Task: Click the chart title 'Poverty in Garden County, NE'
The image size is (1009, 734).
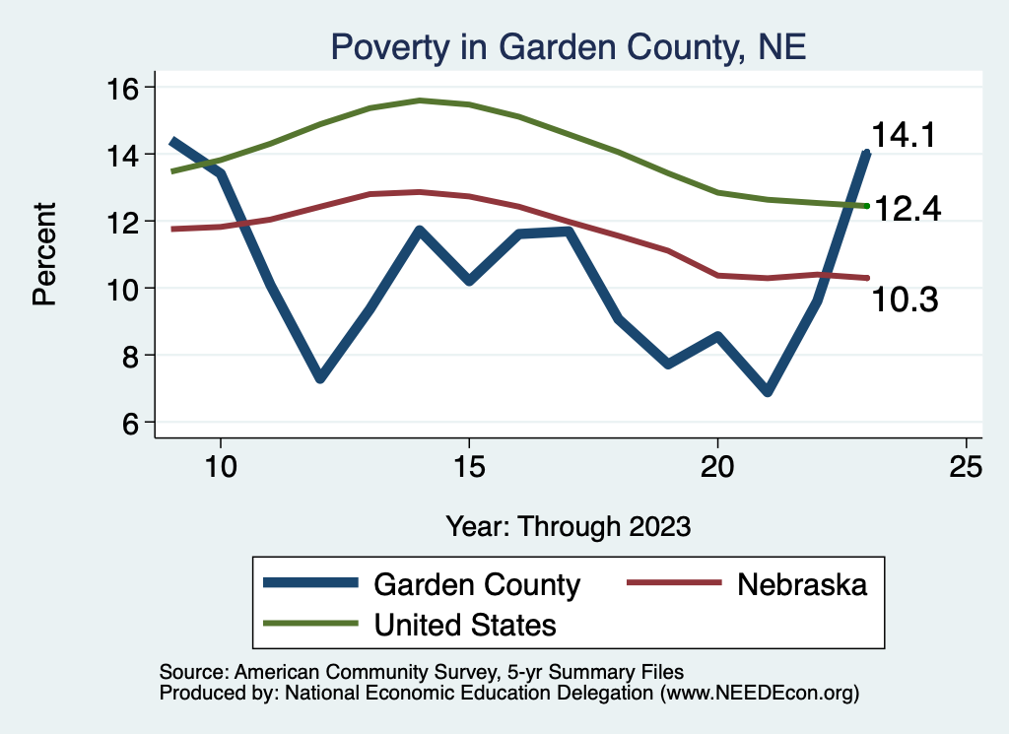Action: point(569,46)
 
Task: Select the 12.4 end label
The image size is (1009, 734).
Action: point(908,209)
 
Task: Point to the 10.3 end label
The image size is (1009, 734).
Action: point(904,299)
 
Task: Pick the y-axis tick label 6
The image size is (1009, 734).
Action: point(132,422)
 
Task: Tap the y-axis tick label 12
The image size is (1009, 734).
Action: point(124,221)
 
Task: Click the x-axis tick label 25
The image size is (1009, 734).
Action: point(966,467)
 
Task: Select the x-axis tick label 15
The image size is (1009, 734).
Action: point(469,467)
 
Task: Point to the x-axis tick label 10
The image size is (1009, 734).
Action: point(221,467)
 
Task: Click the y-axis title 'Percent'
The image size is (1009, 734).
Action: point(45,253)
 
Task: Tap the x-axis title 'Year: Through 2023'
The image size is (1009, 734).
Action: point(568,525)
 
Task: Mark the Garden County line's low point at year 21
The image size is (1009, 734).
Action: point(767,392)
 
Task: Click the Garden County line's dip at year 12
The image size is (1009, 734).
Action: point(319,377)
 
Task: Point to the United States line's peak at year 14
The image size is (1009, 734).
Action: point(420,100)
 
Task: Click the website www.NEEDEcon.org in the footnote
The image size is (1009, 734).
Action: point(759,693)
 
